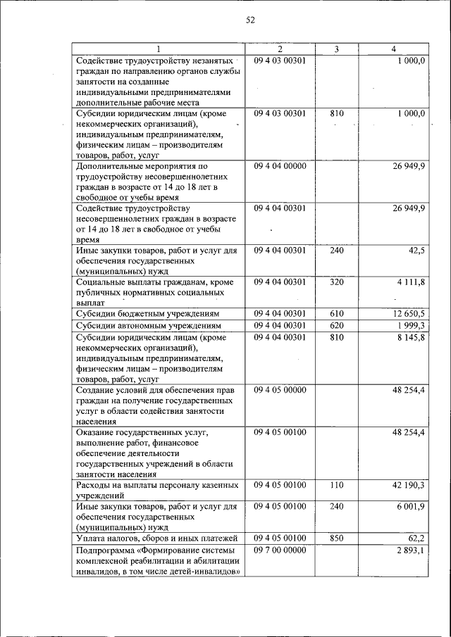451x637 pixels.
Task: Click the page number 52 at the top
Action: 249,20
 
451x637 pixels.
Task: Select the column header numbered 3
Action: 336,49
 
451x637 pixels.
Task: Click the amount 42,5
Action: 414,251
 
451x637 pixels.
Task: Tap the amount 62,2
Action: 414,538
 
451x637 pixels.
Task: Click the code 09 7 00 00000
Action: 280,550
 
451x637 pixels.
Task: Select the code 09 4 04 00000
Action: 280,166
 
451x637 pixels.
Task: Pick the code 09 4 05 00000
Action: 280,389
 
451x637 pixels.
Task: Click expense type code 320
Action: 336,282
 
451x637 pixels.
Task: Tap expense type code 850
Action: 336,538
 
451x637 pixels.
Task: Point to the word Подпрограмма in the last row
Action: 106,550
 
